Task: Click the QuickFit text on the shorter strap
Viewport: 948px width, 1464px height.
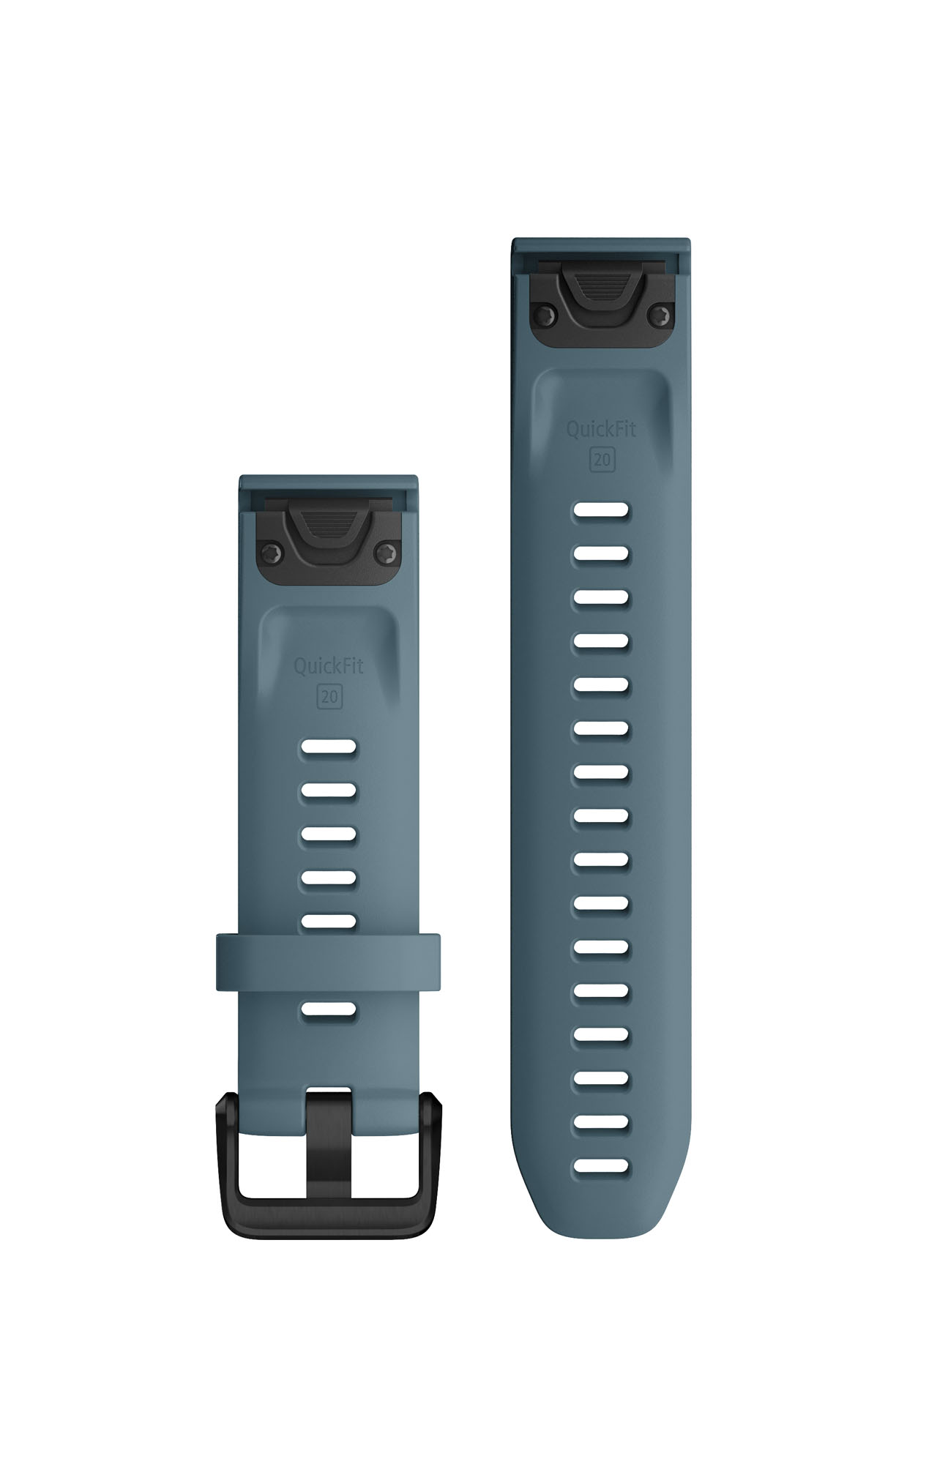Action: click(x=329, y=666)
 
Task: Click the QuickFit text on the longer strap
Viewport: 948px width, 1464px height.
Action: click(x=601, y=429)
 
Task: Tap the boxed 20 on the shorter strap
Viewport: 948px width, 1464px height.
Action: click(x=329, y=697)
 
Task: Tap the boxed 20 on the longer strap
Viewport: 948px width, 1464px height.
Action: click(x=602, y=460)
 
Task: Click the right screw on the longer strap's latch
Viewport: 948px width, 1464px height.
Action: click(x=662, y=315)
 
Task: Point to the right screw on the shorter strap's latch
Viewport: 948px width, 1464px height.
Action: click(x=389, y=553)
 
